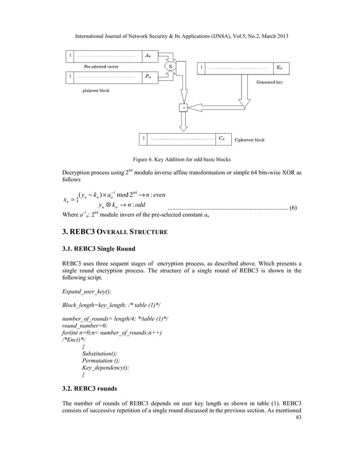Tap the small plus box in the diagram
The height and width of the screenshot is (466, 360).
click(x=183, y=107)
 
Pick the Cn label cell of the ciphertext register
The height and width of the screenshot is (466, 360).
click(x=223, y=138)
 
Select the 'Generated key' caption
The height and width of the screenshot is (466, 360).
click(x=273, y=82)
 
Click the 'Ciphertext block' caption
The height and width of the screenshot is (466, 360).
click(x=249, y=139)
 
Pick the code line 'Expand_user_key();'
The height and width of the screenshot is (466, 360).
click(x=86, y=292)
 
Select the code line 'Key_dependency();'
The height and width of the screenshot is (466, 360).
click(x=106, y=367)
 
